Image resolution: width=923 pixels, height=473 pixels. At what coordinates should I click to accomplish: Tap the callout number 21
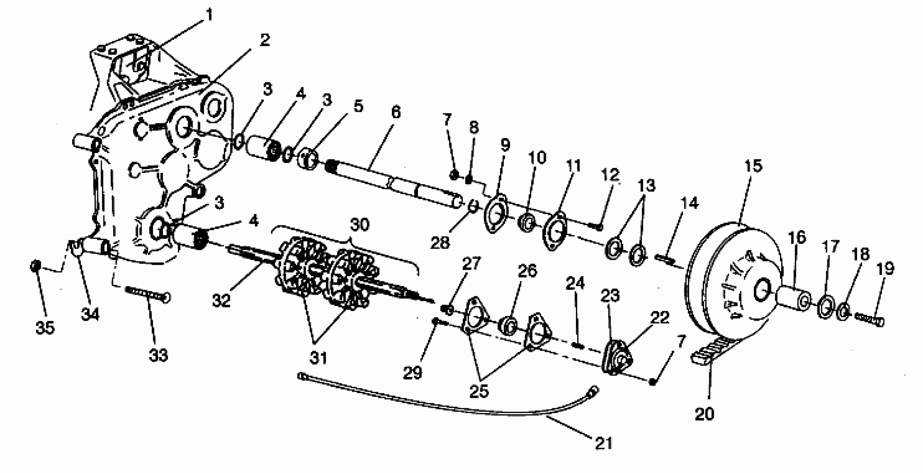604,443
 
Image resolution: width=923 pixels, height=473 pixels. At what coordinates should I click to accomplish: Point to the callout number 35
45,328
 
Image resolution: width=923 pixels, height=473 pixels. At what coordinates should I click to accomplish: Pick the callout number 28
440,243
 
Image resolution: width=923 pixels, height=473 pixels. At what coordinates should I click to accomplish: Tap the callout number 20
704,414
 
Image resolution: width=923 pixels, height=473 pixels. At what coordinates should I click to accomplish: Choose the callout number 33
158,355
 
